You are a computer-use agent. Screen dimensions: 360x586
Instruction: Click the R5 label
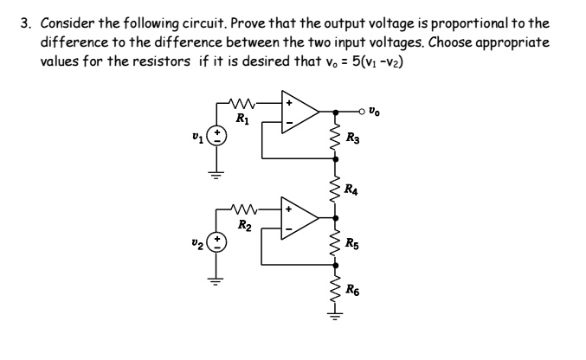coord(351,243)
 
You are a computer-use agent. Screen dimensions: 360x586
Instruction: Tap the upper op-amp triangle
coord(299,112)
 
